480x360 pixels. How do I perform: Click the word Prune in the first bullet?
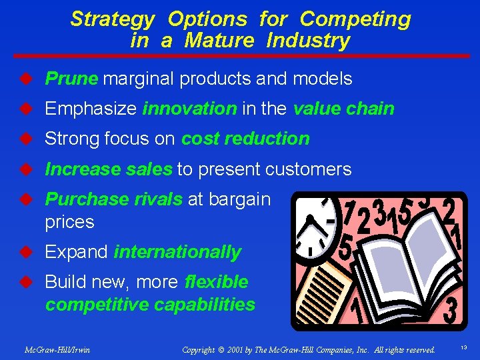(x=71, y=79)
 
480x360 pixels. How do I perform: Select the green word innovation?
(x=189, y=109)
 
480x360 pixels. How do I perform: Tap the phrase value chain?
(x=343, y=109)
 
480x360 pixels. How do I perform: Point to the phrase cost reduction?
(x=245, y=139)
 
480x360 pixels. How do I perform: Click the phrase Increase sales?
(x=108, y=169)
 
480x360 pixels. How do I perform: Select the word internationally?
(x=177, y=252)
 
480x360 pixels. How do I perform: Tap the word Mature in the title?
(x=219, y=41)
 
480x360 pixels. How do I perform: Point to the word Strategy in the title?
(x=113, y=19)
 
